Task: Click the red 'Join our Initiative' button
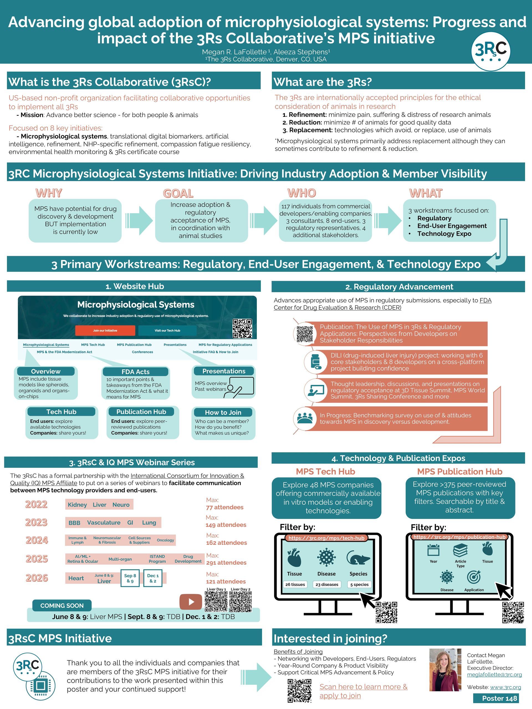point(105,330)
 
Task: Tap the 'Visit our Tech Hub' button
point(167,330)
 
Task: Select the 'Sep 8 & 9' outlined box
point(130,578)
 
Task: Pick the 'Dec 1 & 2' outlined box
point(153,578)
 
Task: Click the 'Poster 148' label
point(499,698)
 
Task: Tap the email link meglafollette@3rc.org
point(494,674)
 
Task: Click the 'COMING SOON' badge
point(62,605)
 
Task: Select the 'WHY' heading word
point(49,193)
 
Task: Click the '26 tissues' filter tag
point(295,584)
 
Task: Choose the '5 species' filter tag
point(359,584)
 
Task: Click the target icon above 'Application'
point(474,577)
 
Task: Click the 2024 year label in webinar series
point(37,540)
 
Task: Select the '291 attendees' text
point(226,562)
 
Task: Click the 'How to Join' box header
point(223,412)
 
